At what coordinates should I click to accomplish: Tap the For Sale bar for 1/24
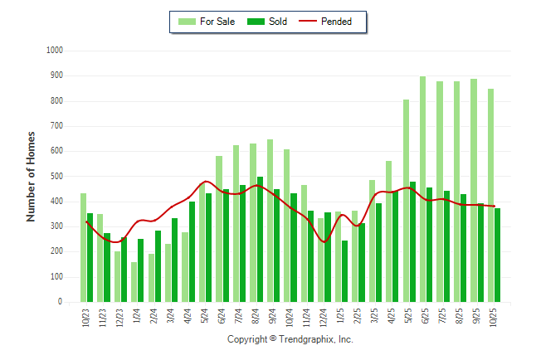point(134,282)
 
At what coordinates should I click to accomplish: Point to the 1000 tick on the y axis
point(55,51)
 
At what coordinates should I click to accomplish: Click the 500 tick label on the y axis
point(56,177)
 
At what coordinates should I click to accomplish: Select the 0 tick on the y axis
point(61,303)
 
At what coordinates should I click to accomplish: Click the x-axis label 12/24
point(324,319)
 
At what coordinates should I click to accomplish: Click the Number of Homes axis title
point(32,176)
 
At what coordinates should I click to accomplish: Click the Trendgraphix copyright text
point(290,339)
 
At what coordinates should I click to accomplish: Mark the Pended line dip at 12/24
point(324,241)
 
